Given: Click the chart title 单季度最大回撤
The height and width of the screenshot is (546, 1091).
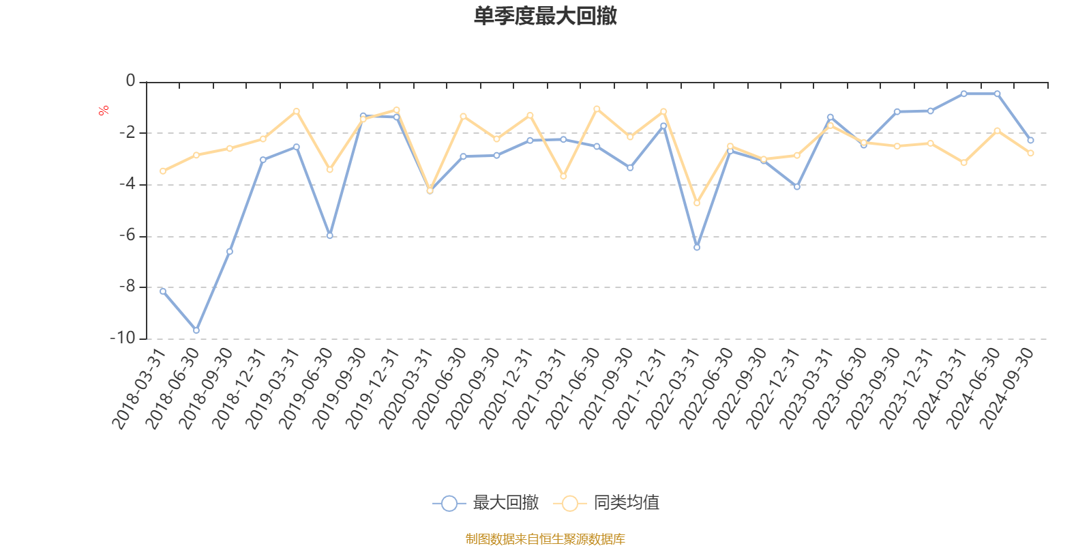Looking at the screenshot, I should click(x=545, y=16).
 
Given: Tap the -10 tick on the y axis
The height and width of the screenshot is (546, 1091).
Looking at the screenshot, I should click(x=122, y=338).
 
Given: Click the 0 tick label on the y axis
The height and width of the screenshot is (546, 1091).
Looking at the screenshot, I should click(x=130, y=81).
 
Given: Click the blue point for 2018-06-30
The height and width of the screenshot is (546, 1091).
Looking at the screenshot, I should click(x=196, y=330).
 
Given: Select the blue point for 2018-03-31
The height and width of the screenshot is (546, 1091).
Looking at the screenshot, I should click(x=163, y=291).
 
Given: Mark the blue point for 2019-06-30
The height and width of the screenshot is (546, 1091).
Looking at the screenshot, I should click(x=330, y=236).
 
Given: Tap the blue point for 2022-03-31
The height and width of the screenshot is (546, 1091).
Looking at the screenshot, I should click(x=697, y=248).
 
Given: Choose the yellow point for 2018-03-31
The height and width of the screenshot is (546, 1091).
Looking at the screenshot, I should click(x=163, y=171).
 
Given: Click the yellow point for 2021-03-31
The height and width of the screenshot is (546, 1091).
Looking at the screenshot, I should click(x=563, y=177).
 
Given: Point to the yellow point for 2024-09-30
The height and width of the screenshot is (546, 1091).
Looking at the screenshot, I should click(x=1031, y=154).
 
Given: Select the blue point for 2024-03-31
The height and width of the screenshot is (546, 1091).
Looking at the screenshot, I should click(x=964, y=94).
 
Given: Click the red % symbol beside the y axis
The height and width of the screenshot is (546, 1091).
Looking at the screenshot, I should click(x=104, y=111).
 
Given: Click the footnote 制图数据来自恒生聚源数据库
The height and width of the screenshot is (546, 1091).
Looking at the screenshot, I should click(x=545, y=539).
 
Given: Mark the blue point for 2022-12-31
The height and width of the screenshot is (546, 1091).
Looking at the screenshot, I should click(x=797, y=187).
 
